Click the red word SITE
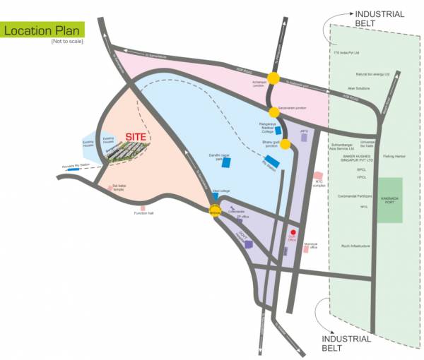pos(136,136)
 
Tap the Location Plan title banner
pos(42,30)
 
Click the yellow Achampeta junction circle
pos(273,78)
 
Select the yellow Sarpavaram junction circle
pos(274,112)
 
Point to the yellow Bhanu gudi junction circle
pos(285,145)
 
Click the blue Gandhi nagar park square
pos(226,163)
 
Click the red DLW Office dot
pos(294,232)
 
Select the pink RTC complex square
pos(319,175)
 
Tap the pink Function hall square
pos(143,208)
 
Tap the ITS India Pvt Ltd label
pos(347,52)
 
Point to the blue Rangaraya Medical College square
pos(278,131)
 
